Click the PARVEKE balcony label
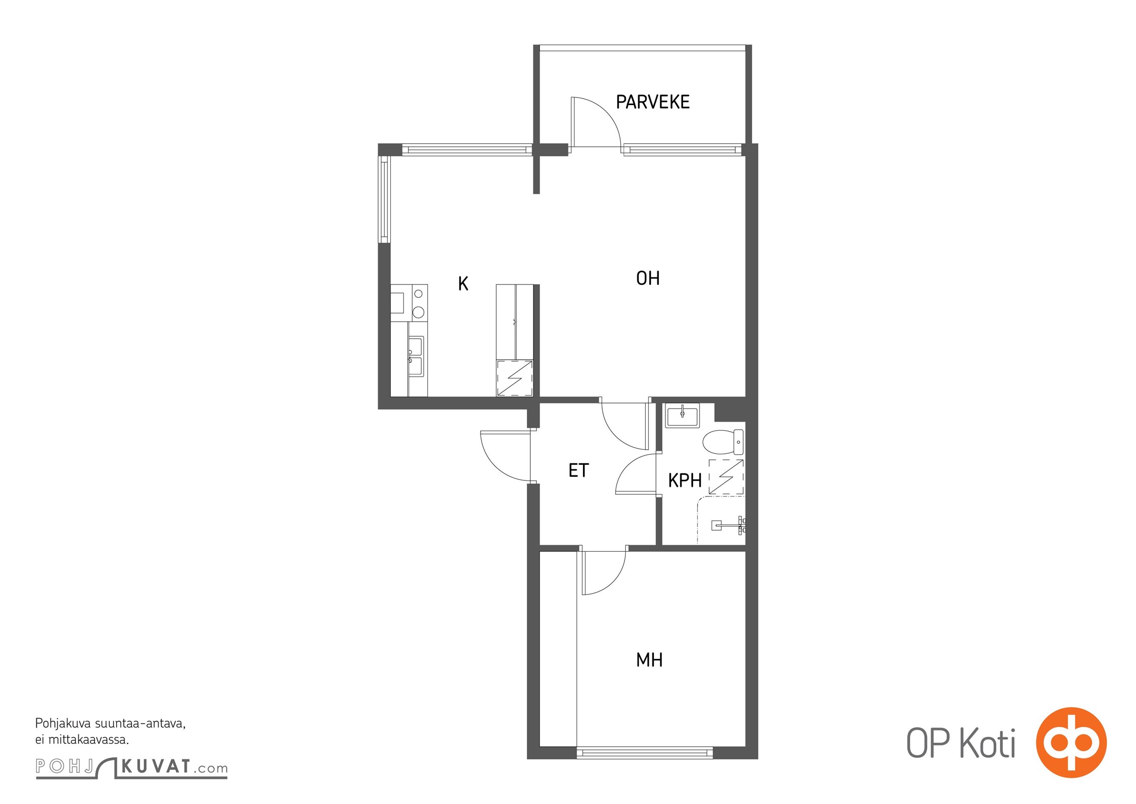click(652, 102)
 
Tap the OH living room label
click(648, 278)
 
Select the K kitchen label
click(463, 284)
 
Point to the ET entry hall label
click(579, 470)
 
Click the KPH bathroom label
click(685, 480)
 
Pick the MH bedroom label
click(649, 660)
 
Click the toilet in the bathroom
click(723, 442)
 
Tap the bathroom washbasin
click(682, 415)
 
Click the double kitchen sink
click(415, 356)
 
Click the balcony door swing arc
click(605, 113)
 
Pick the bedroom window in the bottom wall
click(645, 752)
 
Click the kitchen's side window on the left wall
click(384, 199)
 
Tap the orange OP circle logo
click(1071, 742)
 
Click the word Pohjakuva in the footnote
click(63, 724)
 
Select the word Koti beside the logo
click(987, 744)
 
